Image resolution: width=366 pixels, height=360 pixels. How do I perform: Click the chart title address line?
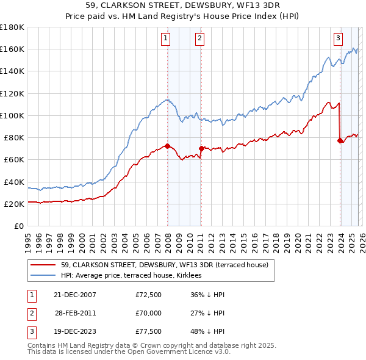(x=183, y=6)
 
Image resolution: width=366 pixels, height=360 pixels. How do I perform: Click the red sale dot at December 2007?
(x=167, y=146)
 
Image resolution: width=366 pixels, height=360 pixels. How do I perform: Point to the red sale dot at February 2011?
(x=201, y=148)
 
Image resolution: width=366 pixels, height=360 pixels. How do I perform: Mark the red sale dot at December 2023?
(x=340, y=140)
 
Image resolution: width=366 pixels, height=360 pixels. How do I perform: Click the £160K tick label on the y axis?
(x=12, y=49)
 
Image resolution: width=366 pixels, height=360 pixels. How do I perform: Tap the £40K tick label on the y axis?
(x=14, y=182)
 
